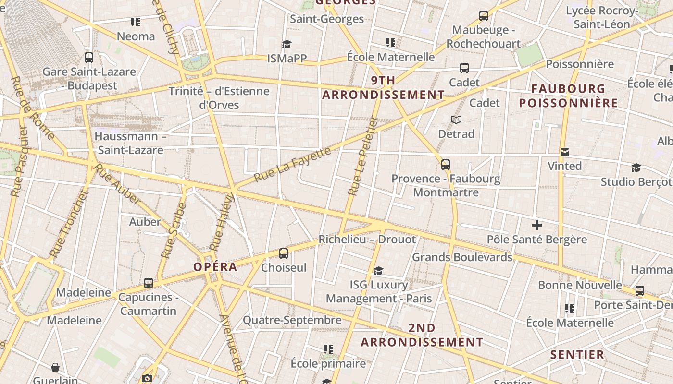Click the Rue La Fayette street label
pyautogui.click(x=293, y=165)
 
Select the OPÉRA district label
pyautogui.click(x=215, y=267)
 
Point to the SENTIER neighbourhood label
pyautogui.click(x=577, y=355)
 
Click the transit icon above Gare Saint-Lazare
pyautogui.click(x=89, y=58)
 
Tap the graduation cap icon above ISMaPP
pyautogui.click(x=287, y=44)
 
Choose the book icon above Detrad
pyautogui.click(x=456, y=120)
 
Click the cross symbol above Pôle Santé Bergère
pyautogui.click(x=537, y=225)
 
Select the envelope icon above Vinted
pyautogui.click(x=565, y=152)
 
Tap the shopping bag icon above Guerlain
pyautogui.click(x=55, y=367)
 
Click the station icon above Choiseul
pyautogui.click(x=284, y=253)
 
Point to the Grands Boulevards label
pyautogui.click(x=462, y=257)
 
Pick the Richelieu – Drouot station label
pyautogui.click(x=367, y=239)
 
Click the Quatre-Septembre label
pyautogui.click(x=292, y=320)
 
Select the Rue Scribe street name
pyautogui.click(x=174, y=230)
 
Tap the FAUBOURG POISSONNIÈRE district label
pyautogui.click(x=568, y=96)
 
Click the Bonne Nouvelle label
pyautogui.click(x=580, y=285)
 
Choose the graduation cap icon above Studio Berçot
pyautogui.click(x=636, y=168)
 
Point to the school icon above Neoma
pyautogui.click(x=136, y=22)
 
